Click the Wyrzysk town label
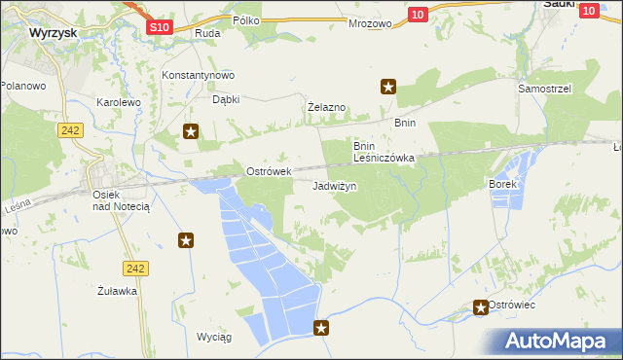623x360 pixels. pyautogui.click(x=54, y=32)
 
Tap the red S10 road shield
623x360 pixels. pyautogui.click(x=162, y=27)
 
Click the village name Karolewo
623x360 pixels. pyautogui.click(x=119, y=101)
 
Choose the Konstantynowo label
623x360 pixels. pyautogui.click(x=199, y=76)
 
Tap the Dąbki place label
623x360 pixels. pyautogui.click(x=226, y=98)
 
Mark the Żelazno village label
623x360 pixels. pyautogui.click(x=327, y=106)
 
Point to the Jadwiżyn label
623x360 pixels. pyautogui.click(x=335, y=185)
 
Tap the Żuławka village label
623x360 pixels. pyautogui.click(x=117, y=290)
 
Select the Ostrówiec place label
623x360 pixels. pyautogui.click(x=513, y=306)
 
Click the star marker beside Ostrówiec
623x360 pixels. pyautogui.click(x=481, y=307)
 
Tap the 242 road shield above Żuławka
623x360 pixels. pyautogui.click(x=135, y=268)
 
